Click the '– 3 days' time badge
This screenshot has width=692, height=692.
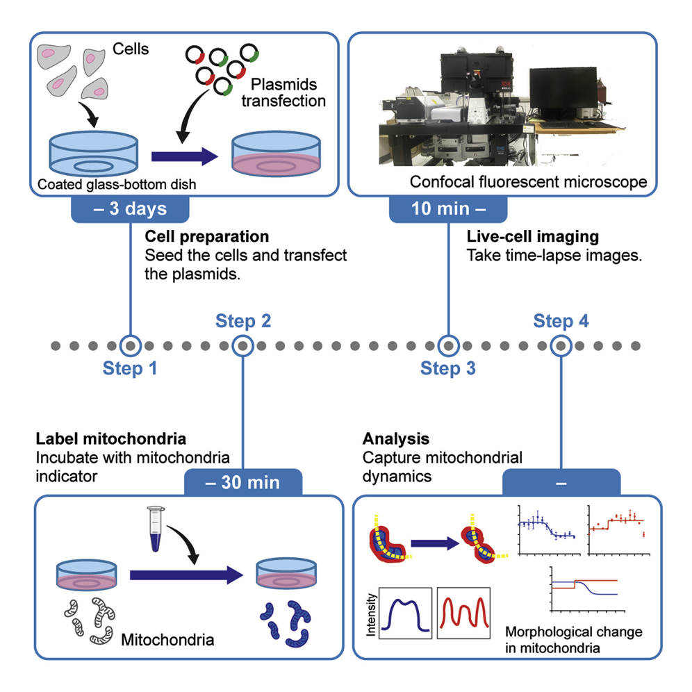129,211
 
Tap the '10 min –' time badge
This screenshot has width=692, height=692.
447,211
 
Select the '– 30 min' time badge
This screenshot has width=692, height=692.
242,481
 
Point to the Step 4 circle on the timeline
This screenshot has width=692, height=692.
561,345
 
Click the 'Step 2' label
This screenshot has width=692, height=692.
243,321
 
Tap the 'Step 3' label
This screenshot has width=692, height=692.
448,369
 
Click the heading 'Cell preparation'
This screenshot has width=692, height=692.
206,237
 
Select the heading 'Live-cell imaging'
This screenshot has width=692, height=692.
532,237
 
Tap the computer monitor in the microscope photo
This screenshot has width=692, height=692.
563,91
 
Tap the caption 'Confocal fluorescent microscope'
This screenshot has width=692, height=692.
529,182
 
